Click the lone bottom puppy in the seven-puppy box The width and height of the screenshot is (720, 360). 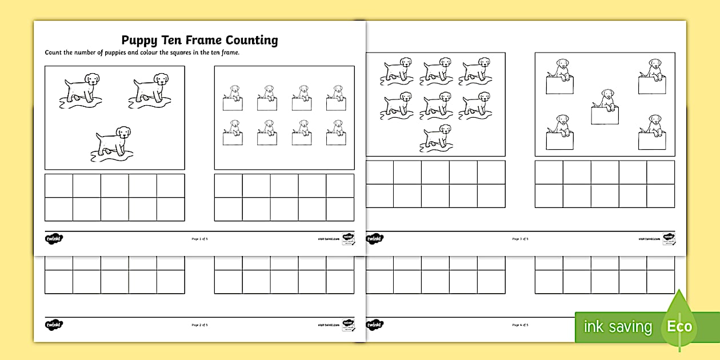(x=435, y=138)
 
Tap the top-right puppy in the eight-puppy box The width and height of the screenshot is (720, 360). (x=336, y=98)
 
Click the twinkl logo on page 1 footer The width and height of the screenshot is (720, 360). (x=54, y=238)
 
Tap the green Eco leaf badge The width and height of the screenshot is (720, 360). (x=678, y=323)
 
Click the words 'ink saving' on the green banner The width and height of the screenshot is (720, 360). (x=618, y=327)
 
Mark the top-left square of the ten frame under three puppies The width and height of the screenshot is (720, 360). (x=59, y=186)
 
